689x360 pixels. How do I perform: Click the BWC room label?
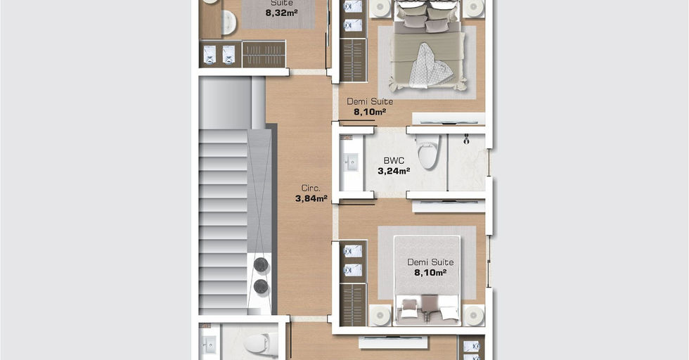tap(394, 161)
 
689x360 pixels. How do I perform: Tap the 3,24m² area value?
tap(394, 171)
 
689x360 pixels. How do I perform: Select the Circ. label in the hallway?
tap(311, 188)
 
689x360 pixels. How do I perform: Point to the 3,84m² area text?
tap(311, 199)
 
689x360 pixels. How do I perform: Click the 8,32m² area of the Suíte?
tap(281, 13)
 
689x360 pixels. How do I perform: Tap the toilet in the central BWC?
tap(427, 152)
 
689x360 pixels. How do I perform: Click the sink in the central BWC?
tap(351, 162)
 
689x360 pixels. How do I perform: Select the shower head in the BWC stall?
tap(466, 140)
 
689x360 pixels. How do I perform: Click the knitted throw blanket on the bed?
tap(430, 66)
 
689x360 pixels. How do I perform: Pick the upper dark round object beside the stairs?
tap(261, 264)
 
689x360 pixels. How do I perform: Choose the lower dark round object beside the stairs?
tap(261, 287)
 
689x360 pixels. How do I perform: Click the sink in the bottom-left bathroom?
tap(208, 343)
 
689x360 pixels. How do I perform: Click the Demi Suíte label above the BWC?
tap(370, 101)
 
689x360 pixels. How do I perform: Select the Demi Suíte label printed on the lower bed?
tap(430, 262)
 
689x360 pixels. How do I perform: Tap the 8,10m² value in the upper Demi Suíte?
tap(370, 112)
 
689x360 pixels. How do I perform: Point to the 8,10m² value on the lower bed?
tap(430, 273)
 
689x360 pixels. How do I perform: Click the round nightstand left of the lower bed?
tap(380, 315)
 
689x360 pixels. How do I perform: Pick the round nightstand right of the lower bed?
tap(474, 315)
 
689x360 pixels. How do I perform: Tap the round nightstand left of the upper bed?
tap(380, 8)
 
